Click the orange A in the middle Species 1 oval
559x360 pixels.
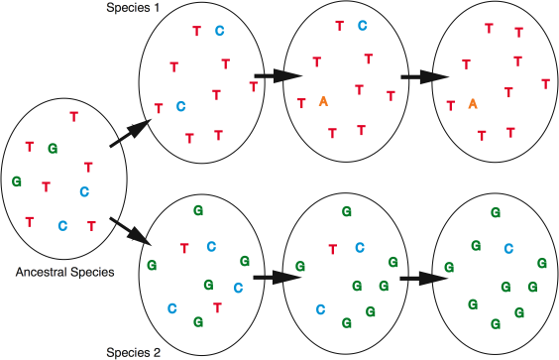coord(323,101)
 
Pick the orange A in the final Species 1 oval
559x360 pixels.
coord(473,102)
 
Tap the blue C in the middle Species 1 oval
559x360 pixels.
coord(362,26)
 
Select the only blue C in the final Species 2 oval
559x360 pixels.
coord(509,248)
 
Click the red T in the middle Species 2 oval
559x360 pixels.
coord(332,248)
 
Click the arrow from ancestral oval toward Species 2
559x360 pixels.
coord(128,229)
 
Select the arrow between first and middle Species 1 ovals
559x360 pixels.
coord(269,74)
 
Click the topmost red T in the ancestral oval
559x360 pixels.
coord(73,116)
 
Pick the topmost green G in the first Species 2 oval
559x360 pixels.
coord(198,211)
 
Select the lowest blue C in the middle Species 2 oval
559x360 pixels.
coord(319,308)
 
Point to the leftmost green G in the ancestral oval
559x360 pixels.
coord(16,181)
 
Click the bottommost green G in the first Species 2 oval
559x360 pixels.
coord(198,321)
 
